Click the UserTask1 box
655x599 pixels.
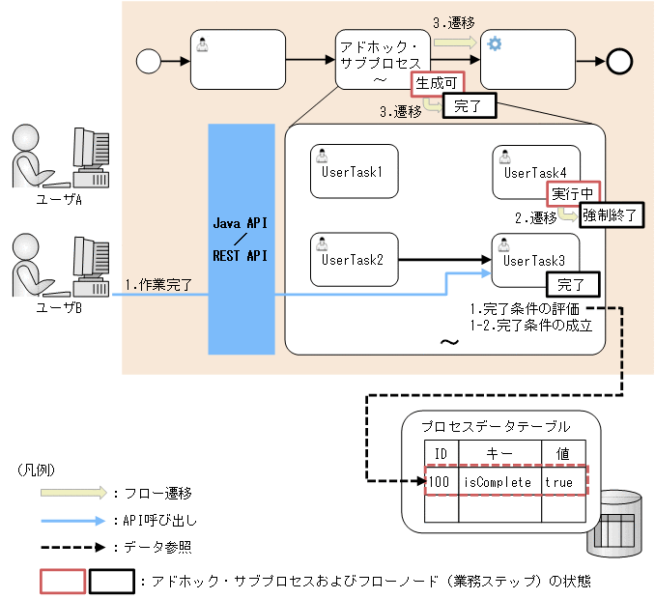click(355, 172)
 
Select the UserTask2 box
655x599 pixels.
click(355, 259)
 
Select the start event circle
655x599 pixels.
click(148, 60)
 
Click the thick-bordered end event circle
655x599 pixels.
click(619, 60)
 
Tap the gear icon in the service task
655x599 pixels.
click(495, 43)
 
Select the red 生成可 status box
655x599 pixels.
click(437, 84)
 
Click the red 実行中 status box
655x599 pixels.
click(573, 193)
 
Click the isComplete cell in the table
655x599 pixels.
click(498, 480)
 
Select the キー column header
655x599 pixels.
click(498, 453)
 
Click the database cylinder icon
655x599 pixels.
click(618, 523)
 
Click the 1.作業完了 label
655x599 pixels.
click(158, 284)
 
